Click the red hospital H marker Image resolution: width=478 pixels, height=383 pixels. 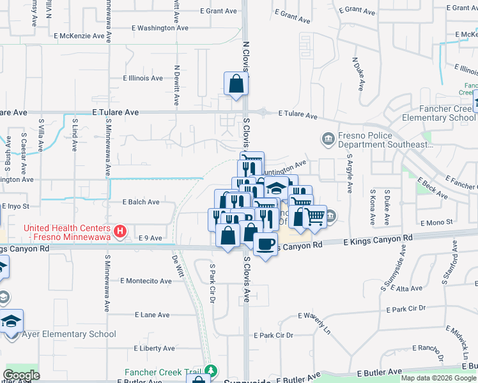point(119,231)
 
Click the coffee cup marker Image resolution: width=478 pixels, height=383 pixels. point(265,243)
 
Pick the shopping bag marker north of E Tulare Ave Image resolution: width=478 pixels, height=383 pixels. point(236,84)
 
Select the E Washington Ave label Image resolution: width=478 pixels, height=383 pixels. point(160,28)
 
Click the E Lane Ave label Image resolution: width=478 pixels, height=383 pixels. point(152,315)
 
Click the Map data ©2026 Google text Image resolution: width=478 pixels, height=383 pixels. point(439,378)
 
